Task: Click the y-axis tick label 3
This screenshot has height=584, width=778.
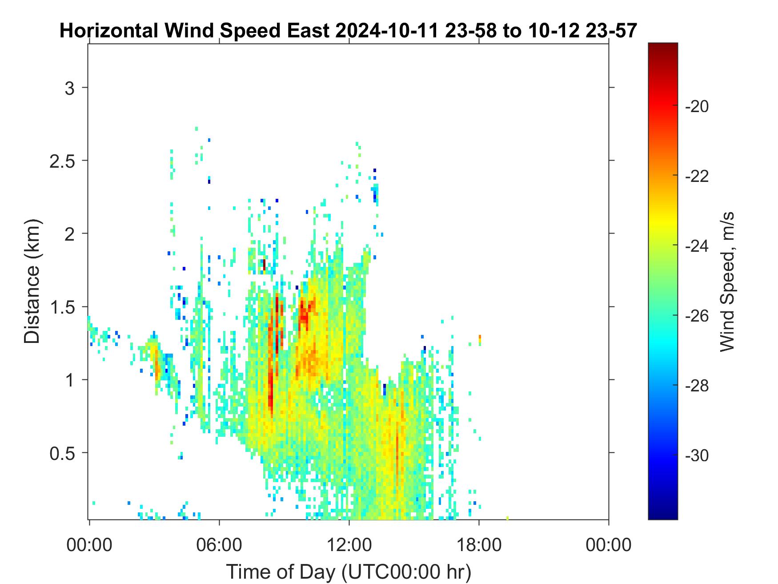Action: [x=69, y=88]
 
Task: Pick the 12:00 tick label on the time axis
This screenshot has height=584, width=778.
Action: [x=349, y=544]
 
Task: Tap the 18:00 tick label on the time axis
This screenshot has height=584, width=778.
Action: [x=479, y=544]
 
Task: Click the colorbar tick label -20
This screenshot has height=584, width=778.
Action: [x=697, y=106]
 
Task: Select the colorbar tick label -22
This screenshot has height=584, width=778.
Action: [x=697, y=176]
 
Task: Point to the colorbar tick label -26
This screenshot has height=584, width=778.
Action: [x=697, y=316]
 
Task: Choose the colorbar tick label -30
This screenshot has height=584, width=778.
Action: [x=697, y=455]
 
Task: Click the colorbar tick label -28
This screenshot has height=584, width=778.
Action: [x=697, y=386]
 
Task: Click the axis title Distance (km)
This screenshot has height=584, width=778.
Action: [x=32, y=281]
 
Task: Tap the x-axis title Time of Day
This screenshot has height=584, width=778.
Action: [x=282, y=572]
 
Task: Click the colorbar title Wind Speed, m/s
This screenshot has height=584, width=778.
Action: [x=726, y=281]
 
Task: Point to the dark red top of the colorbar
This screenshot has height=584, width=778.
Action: [x=663, y=46]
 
